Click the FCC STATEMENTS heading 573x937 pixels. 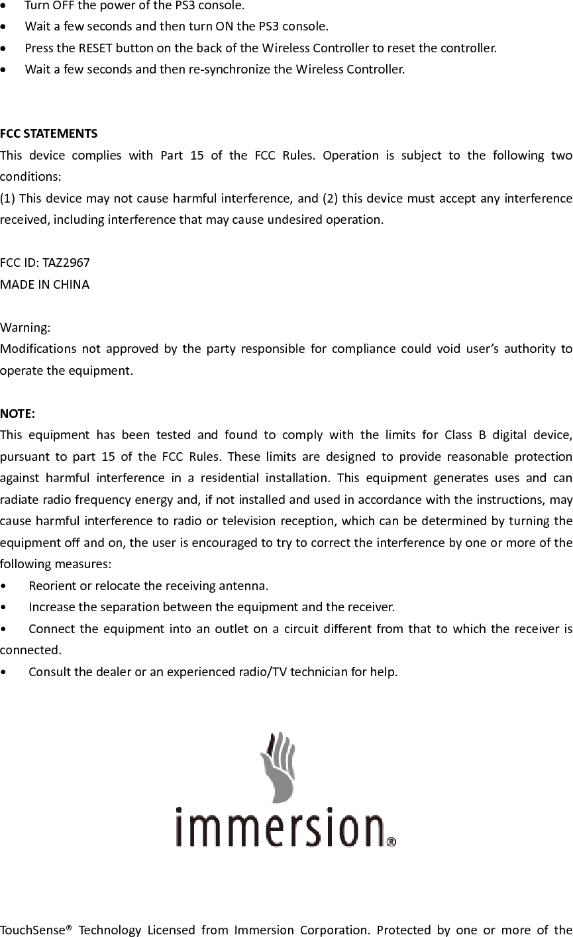(49, 134)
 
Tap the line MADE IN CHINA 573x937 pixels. (45, 285)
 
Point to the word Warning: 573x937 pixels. (25, 328)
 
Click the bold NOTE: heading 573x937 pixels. (19, 414)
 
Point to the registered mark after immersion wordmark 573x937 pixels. (391, 842)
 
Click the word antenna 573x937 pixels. (245, 586)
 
